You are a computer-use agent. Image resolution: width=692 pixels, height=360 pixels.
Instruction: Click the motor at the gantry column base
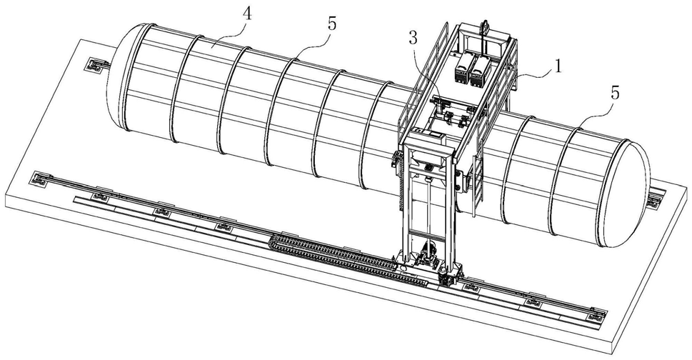pyautogui.click(x=430, y=254)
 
